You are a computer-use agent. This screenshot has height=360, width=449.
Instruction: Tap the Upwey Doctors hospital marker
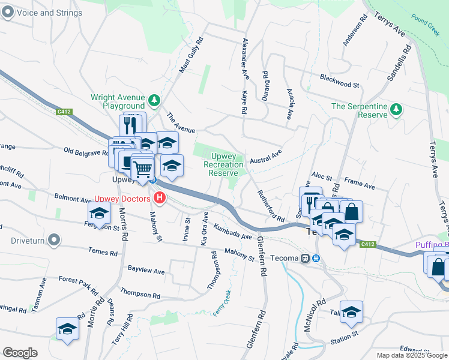coord(159,197)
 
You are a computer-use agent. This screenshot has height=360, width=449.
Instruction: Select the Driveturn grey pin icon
coord(55,241)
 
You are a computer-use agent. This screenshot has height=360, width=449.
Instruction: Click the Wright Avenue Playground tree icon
coord(154,101)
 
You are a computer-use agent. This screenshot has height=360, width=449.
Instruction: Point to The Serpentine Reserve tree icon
coord(396,109)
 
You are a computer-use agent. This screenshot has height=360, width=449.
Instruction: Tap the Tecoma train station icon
coord(306,259)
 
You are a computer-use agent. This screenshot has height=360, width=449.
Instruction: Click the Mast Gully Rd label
coord(191,56)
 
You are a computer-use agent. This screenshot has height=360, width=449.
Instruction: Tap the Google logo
coord(20,352)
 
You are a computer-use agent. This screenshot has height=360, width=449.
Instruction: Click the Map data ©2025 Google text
coord(412,355)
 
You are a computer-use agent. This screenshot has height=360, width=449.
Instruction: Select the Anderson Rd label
coord(355,30)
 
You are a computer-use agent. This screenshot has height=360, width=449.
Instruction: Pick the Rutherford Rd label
coord(271,206)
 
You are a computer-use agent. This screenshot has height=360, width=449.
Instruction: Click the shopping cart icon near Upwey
coord(142,169)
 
